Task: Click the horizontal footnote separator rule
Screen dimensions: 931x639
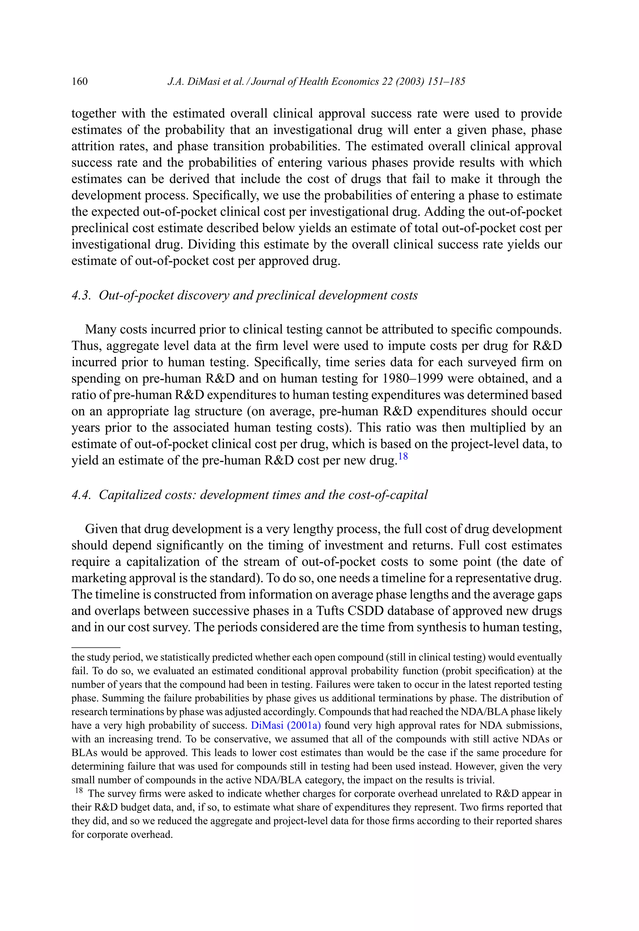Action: coord(96,648)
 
